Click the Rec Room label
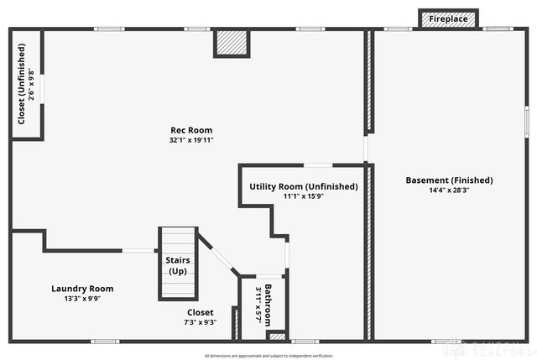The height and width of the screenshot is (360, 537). coord(191,130)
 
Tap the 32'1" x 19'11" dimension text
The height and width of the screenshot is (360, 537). coord(191,140)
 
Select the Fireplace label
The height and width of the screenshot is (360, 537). coord(449,18)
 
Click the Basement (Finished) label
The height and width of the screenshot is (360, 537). coord(449,180)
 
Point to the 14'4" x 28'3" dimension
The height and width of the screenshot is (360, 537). coord(449,190)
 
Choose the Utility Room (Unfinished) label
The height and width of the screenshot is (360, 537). coord(303,186)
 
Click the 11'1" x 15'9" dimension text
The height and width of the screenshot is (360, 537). coord(303,196)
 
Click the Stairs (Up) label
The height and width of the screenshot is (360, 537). coord(178,265)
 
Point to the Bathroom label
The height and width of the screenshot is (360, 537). coord(268,305)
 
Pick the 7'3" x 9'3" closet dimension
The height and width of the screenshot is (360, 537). coord(201,321)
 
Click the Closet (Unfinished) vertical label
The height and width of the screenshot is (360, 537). coord(21,84)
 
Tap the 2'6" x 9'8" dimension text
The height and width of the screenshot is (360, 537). coord(32,84)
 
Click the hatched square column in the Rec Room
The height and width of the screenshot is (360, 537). coord(231,43)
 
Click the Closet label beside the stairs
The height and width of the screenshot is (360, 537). coord(201,312)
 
